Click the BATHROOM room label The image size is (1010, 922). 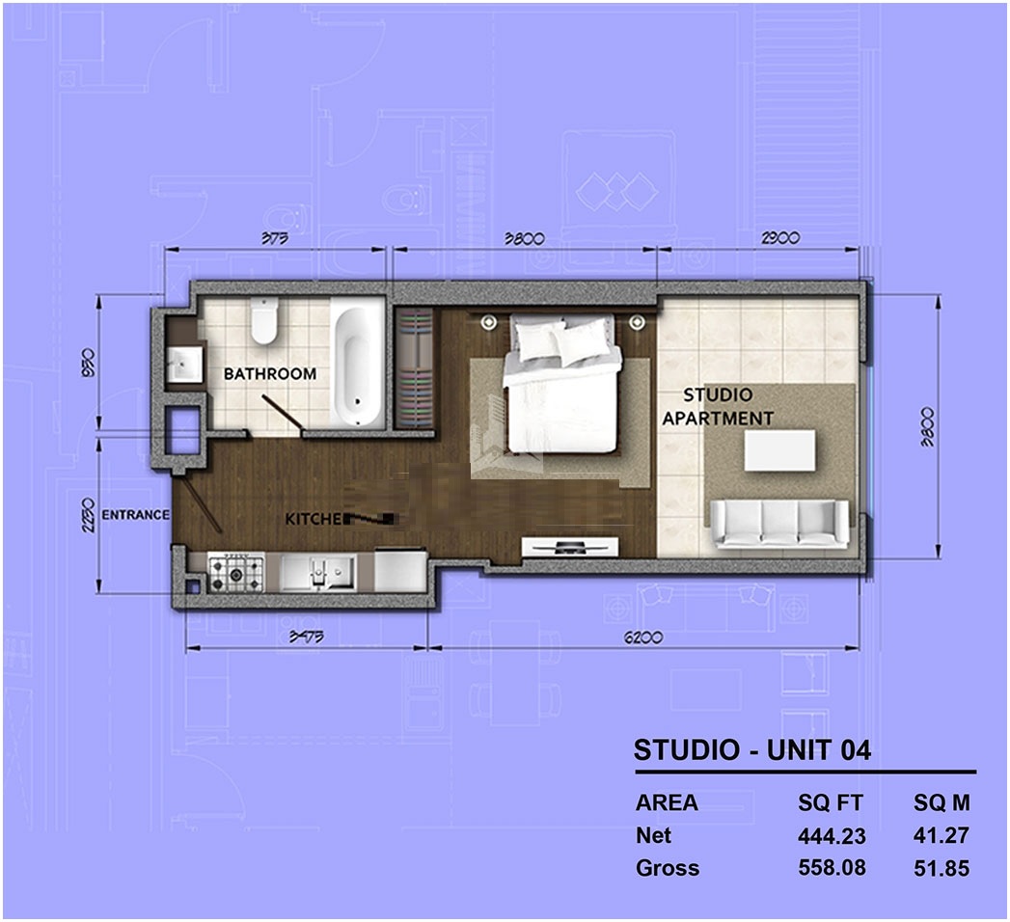coord(270,373)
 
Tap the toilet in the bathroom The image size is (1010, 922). coord(262,321)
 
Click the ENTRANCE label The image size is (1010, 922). coord(135,515)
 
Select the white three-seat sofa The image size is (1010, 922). coord(779,523)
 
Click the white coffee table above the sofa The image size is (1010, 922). coord(779,450)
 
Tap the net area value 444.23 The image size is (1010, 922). coord(832,836)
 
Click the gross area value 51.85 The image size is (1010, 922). coord(941,868)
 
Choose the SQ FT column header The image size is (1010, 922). coord(831,803)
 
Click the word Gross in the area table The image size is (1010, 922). coord(668,868)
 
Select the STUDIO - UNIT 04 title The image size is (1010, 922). coord(751,749)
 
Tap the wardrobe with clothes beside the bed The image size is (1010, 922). coord(416,366)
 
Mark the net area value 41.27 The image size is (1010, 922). coord(941,836)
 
